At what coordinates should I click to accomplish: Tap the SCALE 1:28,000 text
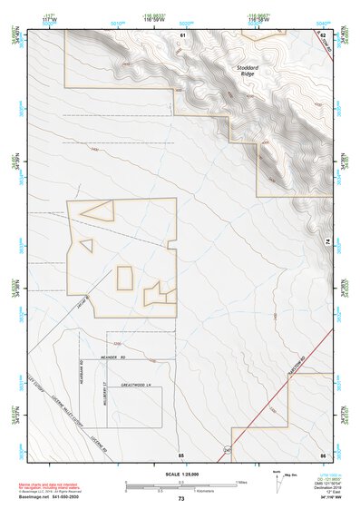point(180,474)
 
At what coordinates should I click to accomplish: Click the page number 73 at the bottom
point(180,499)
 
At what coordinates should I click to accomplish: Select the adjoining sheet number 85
point(180,454)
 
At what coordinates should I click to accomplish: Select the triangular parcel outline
point(97,210)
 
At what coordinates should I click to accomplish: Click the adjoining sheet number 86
point(322,454)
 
